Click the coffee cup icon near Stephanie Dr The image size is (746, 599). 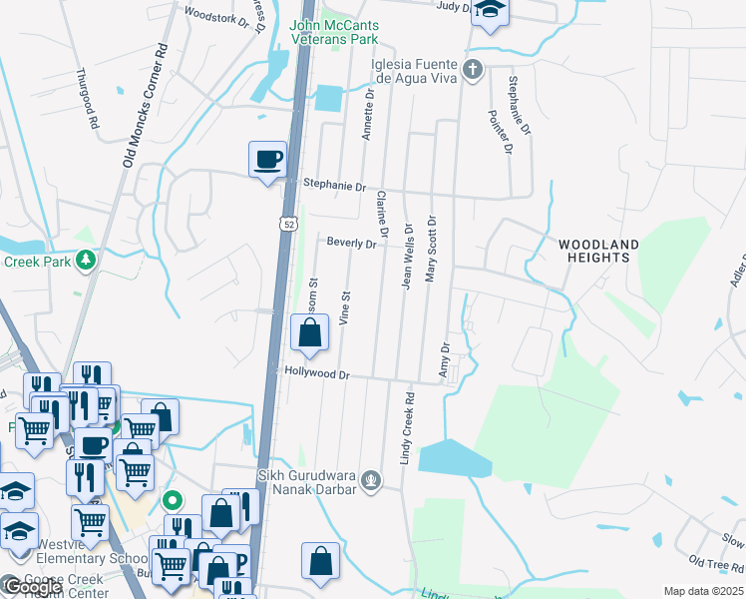(x=267, y=160)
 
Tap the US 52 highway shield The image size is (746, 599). (x=286, y=225)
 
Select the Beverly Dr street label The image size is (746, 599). (x=351, y=243)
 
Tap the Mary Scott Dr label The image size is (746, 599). (x=431, y=250)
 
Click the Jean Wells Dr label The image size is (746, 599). (x=407, y=257)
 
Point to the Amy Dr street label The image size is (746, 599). (x=445, y=360)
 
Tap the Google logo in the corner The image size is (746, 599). (x=32, y=587)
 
